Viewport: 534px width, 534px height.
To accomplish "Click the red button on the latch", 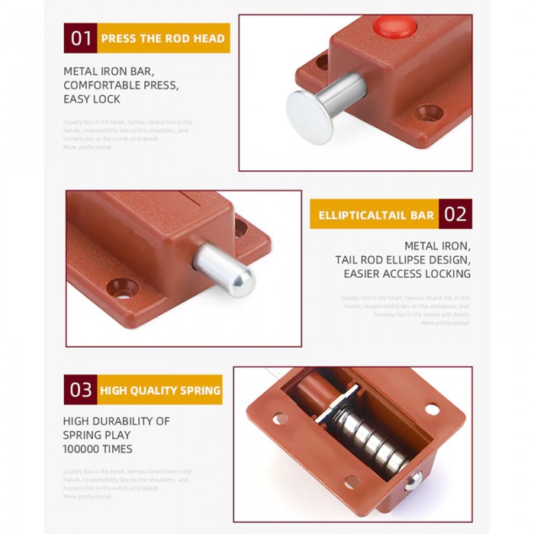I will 394,28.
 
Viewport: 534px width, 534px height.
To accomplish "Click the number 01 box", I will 81,38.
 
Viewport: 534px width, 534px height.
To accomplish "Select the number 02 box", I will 455,214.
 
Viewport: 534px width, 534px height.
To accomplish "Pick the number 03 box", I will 81,390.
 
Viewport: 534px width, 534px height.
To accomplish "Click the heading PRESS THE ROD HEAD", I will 162,38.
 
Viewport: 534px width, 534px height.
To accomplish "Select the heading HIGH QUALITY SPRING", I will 160,391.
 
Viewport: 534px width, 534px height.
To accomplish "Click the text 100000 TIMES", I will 98,449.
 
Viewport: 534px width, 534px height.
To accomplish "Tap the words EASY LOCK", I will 92,99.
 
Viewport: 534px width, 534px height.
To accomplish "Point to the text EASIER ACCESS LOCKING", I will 407,274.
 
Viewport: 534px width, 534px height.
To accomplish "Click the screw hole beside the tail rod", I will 123,288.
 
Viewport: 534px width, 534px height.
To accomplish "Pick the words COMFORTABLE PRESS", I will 121,85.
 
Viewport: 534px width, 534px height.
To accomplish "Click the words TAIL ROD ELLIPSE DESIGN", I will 403,260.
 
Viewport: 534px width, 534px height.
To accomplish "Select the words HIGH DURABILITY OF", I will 116,421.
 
